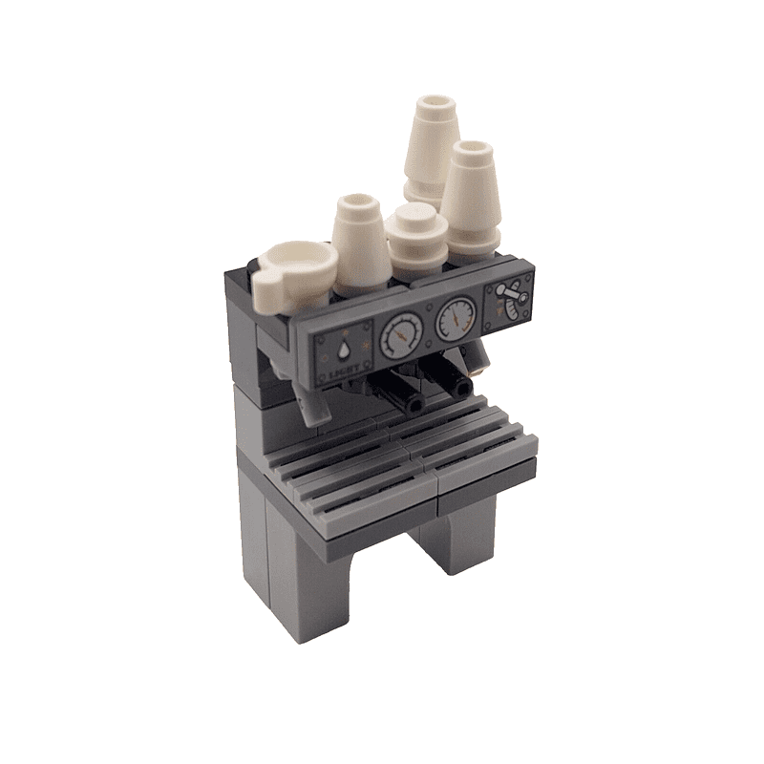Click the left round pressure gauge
401,335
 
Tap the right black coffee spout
461,386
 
